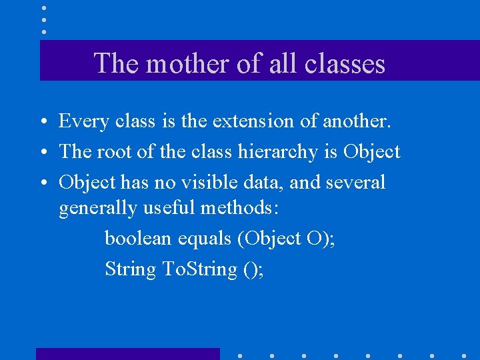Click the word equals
(209, 239)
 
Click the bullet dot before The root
(42, 153)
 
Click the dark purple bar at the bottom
(127, 354)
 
